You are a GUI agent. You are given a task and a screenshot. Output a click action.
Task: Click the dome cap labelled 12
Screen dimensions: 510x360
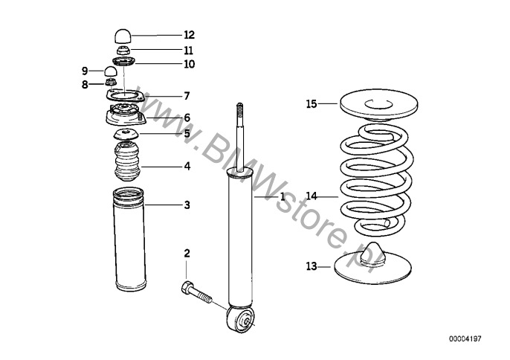click(x=123, y=36)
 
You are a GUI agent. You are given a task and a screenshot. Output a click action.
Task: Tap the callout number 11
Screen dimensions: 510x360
click(x=188, y=51)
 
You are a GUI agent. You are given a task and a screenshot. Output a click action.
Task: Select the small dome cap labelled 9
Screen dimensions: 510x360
click(x=111, y=71)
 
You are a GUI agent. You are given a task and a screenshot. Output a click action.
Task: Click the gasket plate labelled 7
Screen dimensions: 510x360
click(x=125, y=96)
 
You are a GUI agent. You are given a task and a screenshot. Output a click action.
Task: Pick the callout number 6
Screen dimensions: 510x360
click(x=187, y=118)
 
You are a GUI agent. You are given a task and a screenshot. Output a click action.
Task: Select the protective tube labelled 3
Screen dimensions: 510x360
click(x=129, y=240)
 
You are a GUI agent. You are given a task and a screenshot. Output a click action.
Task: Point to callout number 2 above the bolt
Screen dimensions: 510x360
click(x=187, y=253)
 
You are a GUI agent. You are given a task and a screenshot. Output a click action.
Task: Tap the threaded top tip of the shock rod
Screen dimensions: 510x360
click(x=239, y=109)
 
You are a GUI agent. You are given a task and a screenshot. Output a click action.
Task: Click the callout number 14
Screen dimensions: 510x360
click(x=312, y=196)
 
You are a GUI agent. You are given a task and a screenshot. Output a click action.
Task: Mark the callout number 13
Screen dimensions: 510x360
click(x=312, y=266)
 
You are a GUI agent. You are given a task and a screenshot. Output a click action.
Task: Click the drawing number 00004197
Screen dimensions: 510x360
click(x=465, y=339)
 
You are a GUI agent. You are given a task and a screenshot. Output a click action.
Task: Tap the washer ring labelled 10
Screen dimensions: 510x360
click(x=123, y=61)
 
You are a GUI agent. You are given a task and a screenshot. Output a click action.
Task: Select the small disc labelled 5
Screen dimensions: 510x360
click(x=126, y=134)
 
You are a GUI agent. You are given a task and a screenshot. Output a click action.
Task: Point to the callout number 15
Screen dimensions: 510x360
click(x=312, y=104)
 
